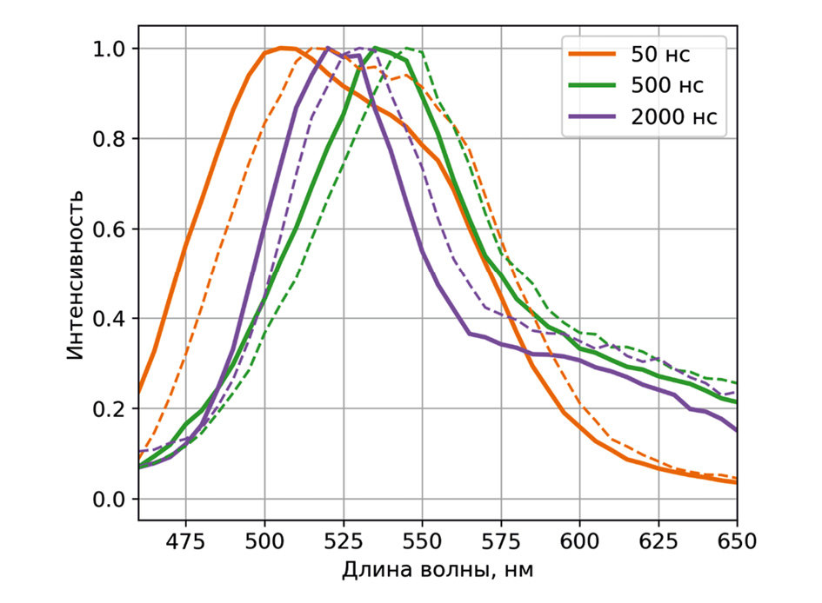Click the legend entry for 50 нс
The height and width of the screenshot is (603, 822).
coord(661,55)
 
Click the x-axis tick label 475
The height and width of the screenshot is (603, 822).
coord(185,540)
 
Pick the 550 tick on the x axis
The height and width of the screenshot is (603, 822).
coord(422,540)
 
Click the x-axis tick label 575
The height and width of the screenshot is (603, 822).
coord(501,540)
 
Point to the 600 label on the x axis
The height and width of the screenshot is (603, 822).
coord(580,540)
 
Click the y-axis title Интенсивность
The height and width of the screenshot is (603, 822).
coord(77,273)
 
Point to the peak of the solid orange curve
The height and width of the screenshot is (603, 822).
coord(281,48)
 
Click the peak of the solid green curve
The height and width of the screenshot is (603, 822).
coord(376,48)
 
